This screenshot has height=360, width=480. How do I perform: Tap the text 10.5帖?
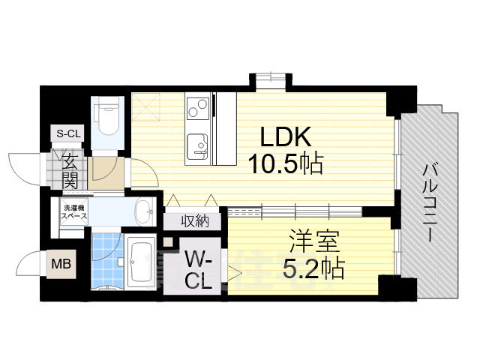point(286,164)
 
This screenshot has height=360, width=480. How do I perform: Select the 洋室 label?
point(315,241)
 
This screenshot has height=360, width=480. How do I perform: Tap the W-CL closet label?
point(199,271)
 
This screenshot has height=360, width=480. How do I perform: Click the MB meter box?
point(58,263)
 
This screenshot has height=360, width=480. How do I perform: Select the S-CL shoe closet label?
point(68,134)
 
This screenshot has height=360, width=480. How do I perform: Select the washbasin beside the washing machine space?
point(142,208)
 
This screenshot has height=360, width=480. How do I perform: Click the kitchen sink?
point(198,143)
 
